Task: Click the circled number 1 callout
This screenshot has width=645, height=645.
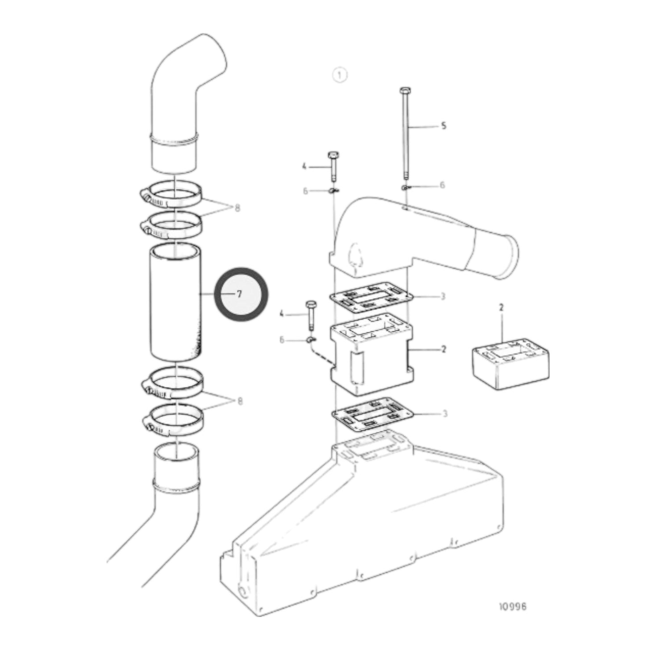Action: [x=340, y=75]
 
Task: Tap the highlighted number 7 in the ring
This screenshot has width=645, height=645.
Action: [x=240, y=294]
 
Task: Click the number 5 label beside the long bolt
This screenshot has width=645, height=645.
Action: [x=443, y=126]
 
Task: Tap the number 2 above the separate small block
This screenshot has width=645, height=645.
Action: [x=501, y=307]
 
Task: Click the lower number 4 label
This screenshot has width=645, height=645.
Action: [x=282, y=314]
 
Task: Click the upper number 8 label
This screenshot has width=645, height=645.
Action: [x=237, y=208]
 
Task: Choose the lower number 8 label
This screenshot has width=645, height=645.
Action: [x=240, y=401]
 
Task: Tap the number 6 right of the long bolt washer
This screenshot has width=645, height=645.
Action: [x=442, y=185]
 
